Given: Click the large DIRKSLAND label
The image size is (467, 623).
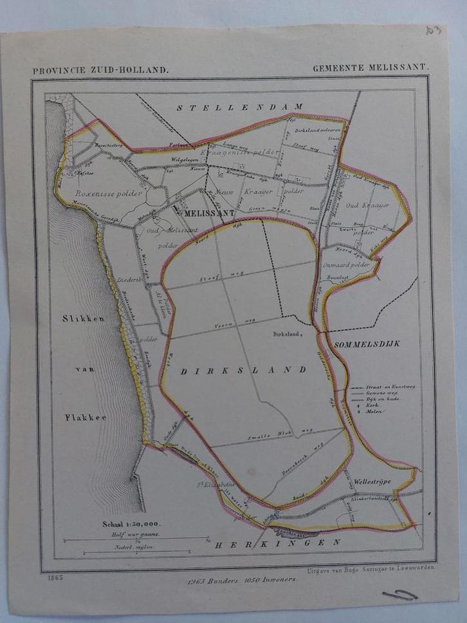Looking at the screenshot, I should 243,371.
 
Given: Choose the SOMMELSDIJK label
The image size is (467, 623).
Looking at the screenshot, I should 367,344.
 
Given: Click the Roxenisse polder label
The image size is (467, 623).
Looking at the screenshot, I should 107,194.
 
